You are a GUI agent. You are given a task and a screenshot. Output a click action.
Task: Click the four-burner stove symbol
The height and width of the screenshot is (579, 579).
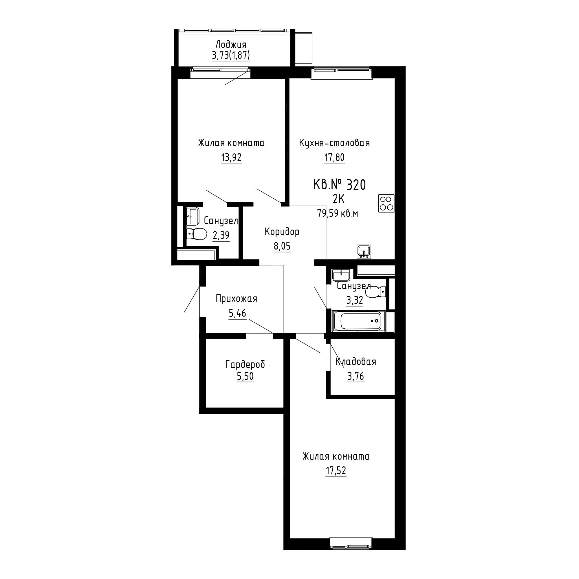386,204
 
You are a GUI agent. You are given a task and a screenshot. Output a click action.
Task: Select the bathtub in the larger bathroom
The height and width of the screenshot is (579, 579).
359,322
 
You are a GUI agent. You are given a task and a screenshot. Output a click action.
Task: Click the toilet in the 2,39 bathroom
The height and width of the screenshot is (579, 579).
197,234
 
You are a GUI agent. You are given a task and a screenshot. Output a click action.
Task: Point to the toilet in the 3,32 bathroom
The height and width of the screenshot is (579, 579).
375,291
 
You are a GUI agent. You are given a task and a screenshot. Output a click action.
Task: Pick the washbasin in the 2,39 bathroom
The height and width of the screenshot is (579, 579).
193,216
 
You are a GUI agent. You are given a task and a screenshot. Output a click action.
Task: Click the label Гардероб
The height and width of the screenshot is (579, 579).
245,365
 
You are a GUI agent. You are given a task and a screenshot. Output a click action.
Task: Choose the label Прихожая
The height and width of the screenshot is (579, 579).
237,299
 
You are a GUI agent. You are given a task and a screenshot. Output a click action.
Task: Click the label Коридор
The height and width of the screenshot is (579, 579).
282,232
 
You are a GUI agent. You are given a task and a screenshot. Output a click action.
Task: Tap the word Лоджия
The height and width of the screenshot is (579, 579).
231,45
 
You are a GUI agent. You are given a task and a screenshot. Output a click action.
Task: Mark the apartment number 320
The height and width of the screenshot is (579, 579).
356,185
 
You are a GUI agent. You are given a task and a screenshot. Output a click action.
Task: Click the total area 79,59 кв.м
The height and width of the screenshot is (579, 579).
338,214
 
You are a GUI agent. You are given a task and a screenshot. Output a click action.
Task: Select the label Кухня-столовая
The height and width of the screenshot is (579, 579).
334,143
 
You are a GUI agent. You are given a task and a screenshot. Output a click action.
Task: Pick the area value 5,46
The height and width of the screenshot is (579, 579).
237,314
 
